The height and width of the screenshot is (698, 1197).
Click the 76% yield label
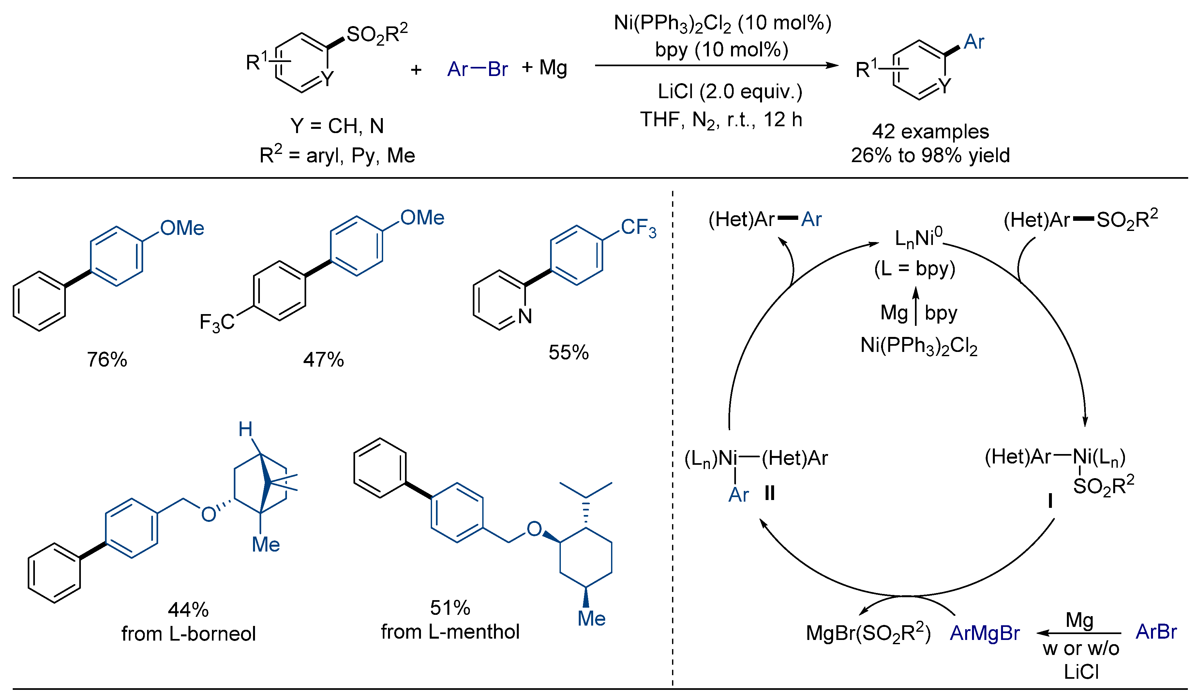pyautogui.click(x=107, y=360)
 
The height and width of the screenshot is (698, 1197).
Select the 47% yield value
pyautogui.click(x=323, y=360)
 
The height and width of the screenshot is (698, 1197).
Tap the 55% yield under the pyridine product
pyautogui.click(x=569, y=353)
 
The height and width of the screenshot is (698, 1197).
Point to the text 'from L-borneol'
pyautogui.click(x=188, y=634)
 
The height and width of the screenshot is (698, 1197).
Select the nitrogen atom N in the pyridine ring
pyautogui.click(x=525, y=316)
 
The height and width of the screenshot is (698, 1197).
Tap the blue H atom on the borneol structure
pyautogui.click(x=245, y=430)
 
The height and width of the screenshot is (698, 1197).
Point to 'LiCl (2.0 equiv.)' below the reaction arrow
pyautogui.click(x=730, y=91)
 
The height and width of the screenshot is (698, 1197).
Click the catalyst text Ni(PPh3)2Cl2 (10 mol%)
pyautogui.click(x=723, y=23)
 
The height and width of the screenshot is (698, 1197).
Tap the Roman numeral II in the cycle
pyautogui.click(x=770, y=493)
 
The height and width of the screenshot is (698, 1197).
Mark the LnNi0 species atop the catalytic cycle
pyautogui.click(x=919, y=237)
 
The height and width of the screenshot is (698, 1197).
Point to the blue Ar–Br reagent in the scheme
pyautogui.click(x=477, y=69)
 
